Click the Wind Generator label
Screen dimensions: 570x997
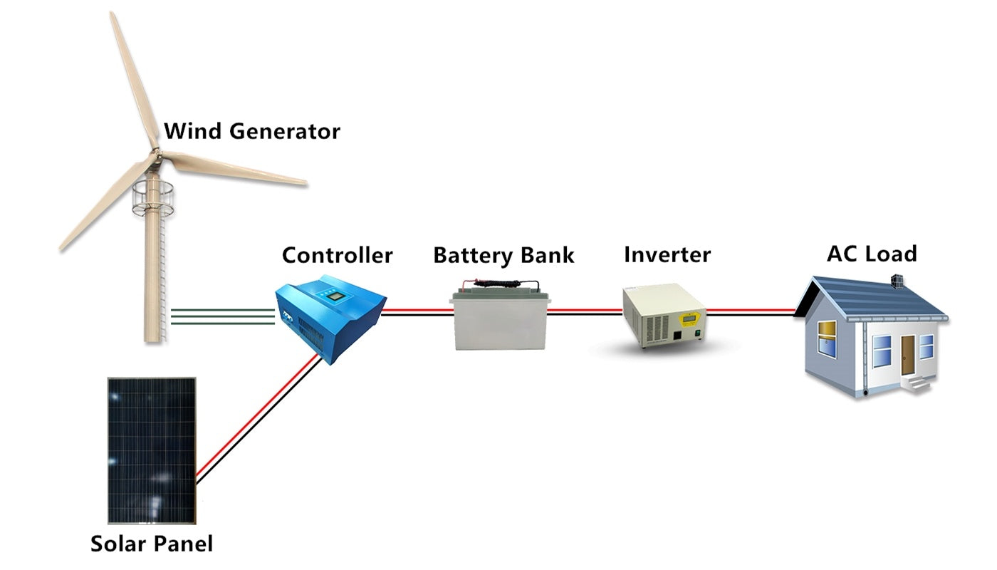click(x=251, y=132)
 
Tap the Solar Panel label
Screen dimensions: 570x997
click(x=151, y=544)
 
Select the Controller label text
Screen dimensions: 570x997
click(x=337, y=255)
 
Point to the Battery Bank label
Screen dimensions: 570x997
click(x=503, y=255)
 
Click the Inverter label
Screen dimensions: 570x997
click(x=667, y=254)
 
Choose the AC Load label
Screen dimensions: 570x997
click(x=872, y=254)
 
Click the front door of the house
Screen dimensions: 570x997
click(x=907, y=354)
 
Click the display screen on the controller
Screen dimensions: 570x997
click(x=332, y=293)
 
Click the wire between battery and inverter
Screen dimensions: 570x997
click(x=584, y=312)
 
